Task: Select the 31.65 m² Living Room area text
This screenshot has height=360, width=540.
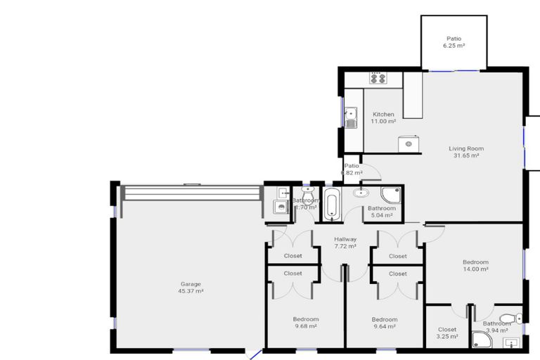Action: pos(465,152)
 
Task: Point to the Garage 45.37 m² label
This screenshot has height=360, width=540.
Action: pos(190,288)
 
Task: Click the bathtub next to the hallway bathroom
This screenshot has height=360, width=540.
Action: pos(331,204)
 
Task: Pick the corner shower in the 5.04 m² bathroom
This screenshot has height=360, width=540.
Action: pos(391,195)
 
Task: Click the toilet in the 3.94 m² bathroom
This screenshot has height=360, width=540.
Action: pos(508,319)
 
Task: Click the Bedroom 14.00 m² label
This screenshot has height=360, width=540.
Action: pos(475,265)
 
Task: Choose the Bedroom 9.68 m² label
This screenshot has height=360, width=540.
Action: pos(305,322)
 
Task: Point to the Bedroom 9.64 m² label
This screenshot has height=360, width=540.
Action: pos(384,322)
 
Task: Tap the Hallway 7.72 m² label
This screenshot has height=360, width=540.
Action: pos(345,243)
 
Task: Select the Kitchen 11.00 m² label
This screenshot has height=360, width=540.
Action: pos(383,117)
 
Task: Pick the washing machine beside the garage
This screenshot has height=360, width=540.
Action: pos(281,207)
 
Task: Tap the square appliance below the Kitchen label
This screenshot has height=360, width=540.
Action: pos(409,143)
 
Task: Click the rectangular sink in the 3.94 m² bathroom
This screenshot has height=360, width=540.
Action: pos(512,343)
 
